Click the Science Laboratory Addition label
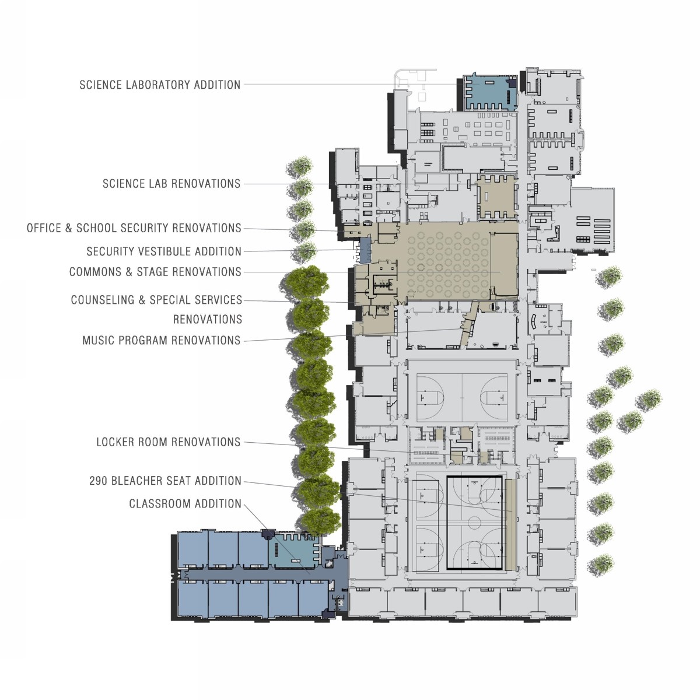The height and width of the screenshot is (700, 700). (160, 85)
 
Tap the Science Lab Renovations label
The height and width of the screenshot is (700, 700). (171, 183)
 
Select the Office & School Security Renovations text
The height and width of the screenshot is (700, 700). (134, 228)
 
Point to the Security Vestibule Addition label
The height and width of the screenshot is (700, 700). (164, 251)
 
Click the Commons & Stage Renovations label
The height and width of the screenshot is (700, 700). (156, 272)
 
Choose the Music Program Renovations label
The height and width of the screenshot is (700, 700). (162, 340)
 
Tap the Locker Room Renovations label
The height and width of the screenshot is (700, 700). (169, 442)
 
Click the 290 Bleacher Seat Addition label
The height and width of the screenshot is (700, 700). (165, 481)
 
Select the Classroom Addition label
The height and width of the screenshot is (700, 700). (185, 503)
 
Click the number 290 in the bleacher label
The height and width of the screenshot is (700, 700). (98, 481)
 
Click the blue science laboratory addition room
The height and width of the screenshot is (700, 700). (491, 92)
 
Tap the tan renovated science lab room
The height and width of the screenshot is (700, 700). (496, 197)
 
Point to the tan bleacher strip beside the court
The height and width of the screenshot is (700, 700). (510, 524)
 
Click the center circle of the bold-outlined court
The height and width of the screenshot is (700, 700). (474, 522)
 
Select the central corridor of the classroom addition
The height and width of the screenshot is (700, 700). (254, 573)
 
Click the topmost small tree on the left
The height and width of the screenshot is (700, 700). (299, 167)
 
